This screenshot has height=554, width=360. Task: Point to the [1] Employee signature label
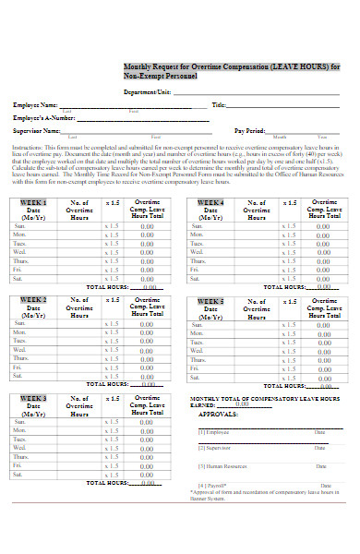pyautogui.click(x=213, y=432)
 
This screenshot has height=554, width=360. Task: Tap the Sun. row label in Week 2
pyautogui.click(x=20, y=324)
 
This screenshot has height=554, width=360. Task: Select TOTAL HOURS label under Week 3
pyautogui.click(x=109, y=483)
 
